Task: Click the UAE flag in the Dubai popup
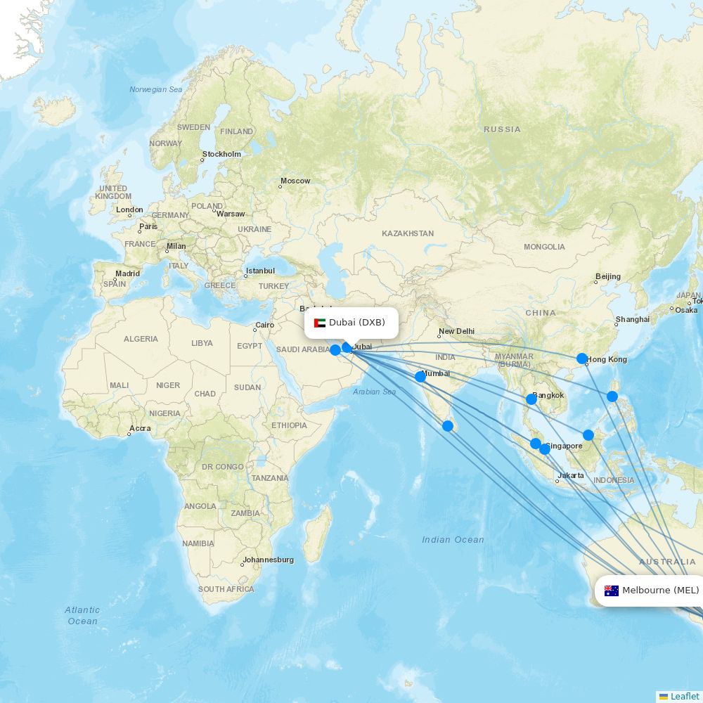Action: (x=320, y=323)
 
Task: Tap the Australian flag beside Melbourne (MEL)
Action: (x=611, y=591)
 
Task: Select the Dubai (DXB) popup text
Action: (x=357, y=323)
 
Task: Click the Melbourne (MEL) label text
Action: (x=660, y=591)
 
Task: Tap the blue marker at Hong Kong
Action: (x=582, y=359)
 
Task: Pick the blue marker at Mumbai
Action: (x=420, y=377)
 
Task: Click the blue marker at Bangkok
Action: (x=531, y=399)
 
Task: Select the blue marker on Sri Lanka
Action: (x=448, y=425)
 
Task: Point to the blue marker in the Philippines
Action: (x=612, y=396)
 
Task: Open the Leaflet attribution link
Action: (x=684, y=696)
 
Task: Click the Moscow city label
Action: (x=295, y=181)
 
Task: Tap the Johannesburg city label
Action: (x=268, y=560)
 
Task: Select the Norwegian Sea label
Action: (x=155, y=89)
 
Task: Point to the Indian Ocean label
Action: (x=453, y=540)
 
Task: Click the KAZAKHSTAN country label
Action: (x=408, y=233)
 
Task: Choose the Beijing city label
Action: (x=608, y=276)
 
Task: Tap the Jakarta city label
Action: (x=570, y=475)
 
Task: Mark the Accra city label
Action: (x=140, y=428)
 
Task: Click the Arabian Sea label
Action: (x=374, y=392)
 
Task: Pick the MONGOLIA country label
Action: (x=544, y=247)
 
